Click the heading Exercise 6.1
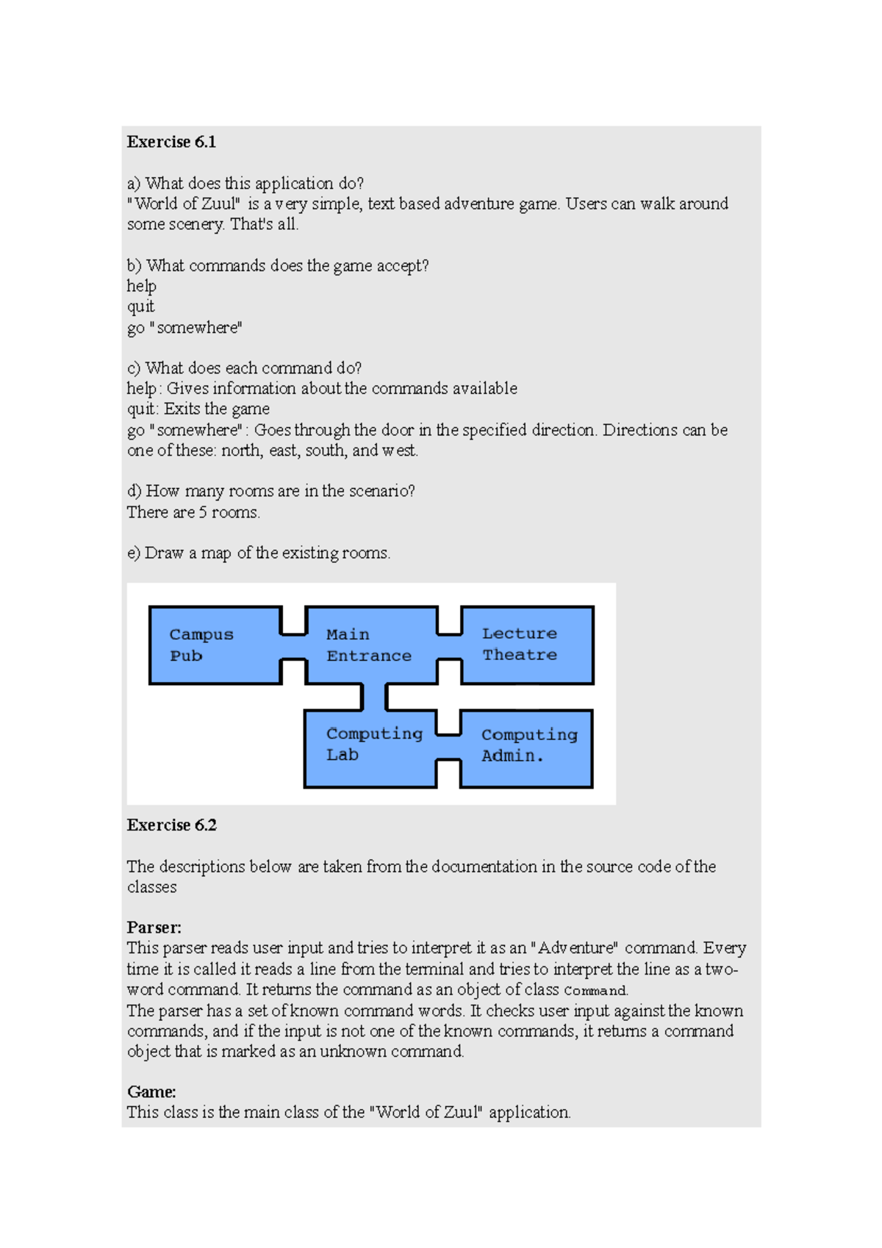[171, 142]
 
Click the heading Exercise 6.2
[171, 825]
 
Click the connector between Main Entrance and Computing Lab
[374, 697]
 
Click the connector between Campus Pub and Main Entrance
[293, 646]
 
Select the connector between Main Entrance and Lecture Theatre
[449, 646]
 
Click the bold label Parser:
[154, 927]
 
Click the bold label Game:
[151, 1091]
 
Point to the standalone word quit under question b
[140, 306]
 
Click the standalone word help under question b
[141, 286]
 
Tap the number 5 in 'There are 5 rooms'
[203, 512]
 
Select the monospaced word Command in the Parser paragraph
[595, 991]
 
